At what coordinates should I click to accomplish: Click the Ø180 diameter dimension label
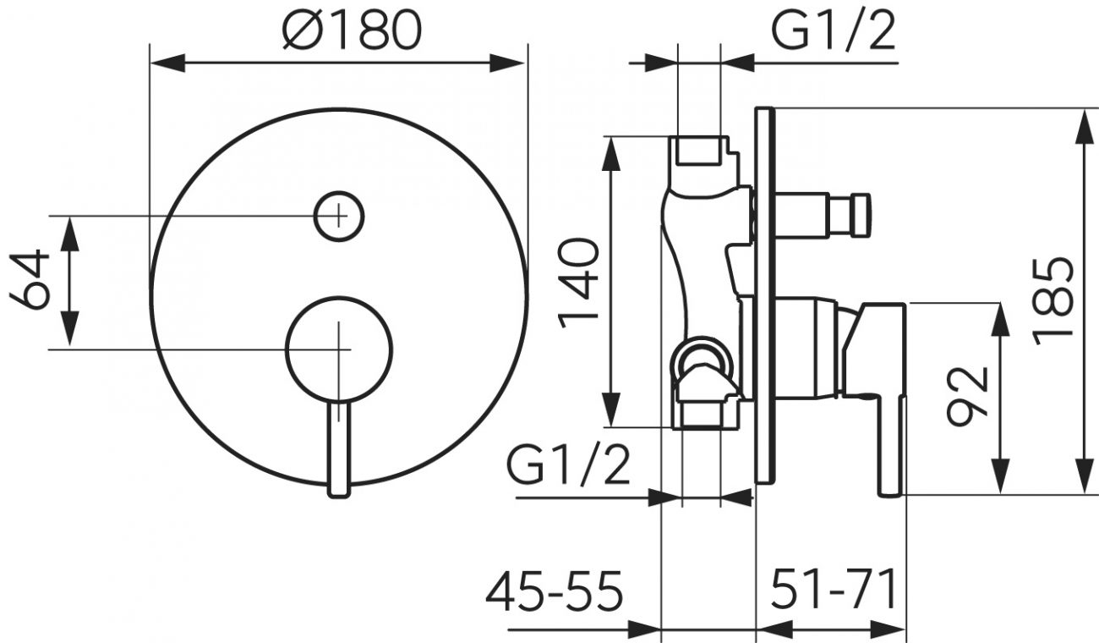coord(353,30)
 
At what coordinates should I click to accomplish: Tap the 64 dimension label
coord(30,280)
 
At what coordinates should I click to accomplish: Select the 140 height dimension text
coord(578,283)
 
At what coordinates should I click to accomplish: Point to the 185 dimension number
coord(1053,300)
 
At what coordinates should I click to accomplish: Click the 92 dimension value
coord(966,397)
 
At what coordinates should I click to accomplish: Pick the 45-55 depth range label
coord(554,591)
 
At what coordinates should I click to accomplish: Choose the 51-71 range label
coord(834,588)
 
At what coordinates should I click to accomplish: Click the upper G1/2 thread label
coord(834,30)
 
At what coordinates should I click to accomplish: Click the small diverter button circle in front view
coord(338,216)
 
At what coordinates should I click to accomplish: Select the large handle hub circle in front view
coord(338,349)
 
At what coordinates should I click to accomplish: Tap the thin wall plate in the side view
coord(765,295)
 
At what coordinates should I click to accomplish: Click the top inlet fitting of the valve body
coord(698,151)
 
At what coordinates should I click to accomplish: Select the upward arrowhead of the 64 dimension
coord(69,234)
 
